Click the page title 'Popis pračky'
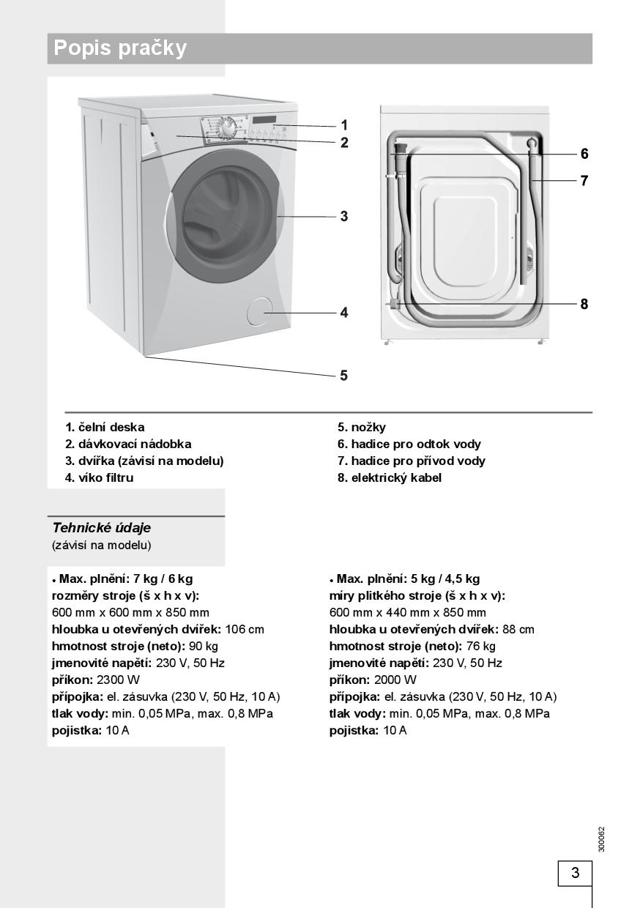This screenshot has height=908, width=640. pyautogui.click(x=121, y=48)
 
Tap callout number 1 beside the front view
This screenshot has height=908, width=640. pyautogui.click(x=344, y=125)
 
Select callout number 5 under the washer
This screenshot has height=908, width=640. pyautogui.click(x=343, y=376)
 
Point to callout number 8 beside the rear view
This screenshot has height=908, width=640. pyautogui.click(x=584, y=304)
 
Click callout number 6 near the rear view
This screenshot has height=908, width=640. pyautogui.click(x=584, y=154)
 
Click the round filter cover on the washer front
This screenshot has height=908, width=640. pyautogui.click(x=258, y=311)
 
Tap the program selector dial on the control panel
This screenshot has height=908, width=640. pyautogui.click(x=228, y=127)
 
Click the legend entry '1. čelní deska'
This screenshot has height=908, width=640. pyautogui.click(x=105, y=427)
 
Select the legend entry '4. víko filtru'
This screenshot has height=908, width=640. pyautogui.click(x=100, y=477)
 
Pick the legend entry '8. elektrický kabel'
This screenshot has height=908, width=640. pyautogui.click(x=389, y=477)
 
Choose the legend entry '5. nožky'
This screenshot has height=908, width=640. pyautogui.click(x=361, y=427)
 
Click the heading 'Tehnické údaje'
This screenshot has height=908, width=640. pyautogui.click(x=101, y=527)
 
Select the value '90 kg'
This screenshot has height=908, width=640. pyautogui.click(x=205, y=646)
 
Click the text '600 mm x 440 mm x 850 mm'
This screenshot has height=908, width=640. pyautogui.click(x=407, y=612)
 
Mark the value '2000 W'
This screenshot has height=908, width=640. pyautogui.click(x=395, y=680)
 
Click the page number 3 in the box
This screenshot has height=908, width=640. pyautogui.click(x=575, y=873)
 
